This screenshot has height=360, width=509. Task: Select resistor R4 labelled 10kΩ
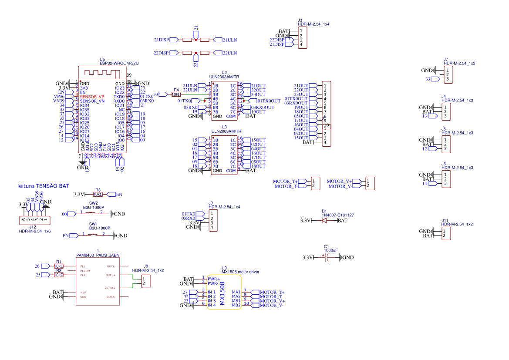point(176,94)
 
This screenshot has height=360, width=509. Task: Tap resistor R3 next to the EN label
point(98,194)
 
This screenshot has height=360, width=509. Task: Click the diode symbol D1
point(324,221)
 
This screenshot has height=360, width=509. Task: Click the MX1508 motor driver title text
point(240,272)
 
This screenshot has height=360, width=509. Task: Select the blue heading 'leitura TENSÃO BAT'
point(43,186)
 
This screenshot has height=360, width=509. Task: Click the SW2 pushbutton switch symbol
point(92,213)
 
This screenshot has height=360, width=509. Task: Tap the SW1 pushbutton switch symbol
point(94,235)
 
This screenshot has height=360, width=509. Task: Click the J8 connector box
point(146,281)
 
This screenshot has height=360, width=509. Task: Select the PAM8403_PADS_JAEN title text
point(98,255)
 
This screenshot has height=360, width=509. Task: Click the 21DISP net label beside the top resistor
point(161,40)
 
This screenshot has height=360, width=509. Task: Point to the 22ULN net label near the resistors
point(229,53)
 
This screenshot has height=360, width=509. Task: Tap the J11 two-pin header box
point(446,233)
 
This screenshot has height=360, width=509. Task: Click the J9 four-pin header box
point(213,221)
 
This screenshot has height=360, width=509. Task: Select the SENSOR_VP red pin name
point(92,97)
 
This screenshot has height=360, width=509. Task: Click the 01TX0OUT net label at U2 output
point(269,101)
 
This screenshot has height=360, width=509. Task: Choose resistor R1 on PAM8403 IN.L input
point(58,266)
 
